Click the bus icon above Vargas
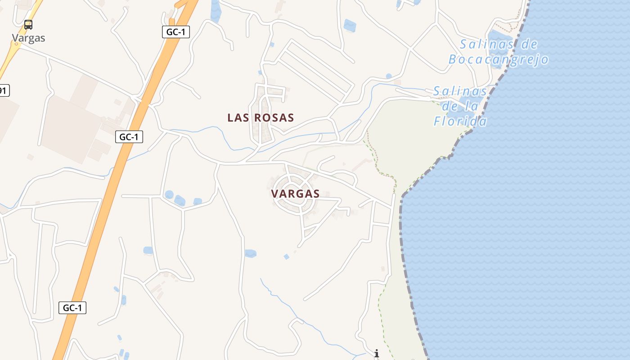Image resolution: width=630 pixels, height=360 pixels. [x=28, y=25]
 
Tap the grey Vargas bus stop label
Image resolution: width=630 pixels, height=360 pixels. [x=28, y=38]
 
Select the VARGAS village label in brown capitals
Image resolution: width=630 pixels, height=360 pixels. [x=295, y=194]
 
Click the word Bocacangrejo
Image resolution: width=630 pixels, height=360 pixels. [x=499, y=59]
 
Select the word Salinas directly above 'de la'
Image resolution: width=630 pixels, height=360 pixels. [x=460, y=92]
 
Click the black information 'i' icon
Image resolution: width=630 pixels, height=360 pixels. [x=377, y=354]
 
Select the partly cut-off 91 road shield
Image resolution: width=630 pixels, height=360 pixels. [x=3, y=90]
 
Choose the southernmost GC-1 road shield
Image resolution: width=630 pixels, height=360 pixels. [x=72, y=308]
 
